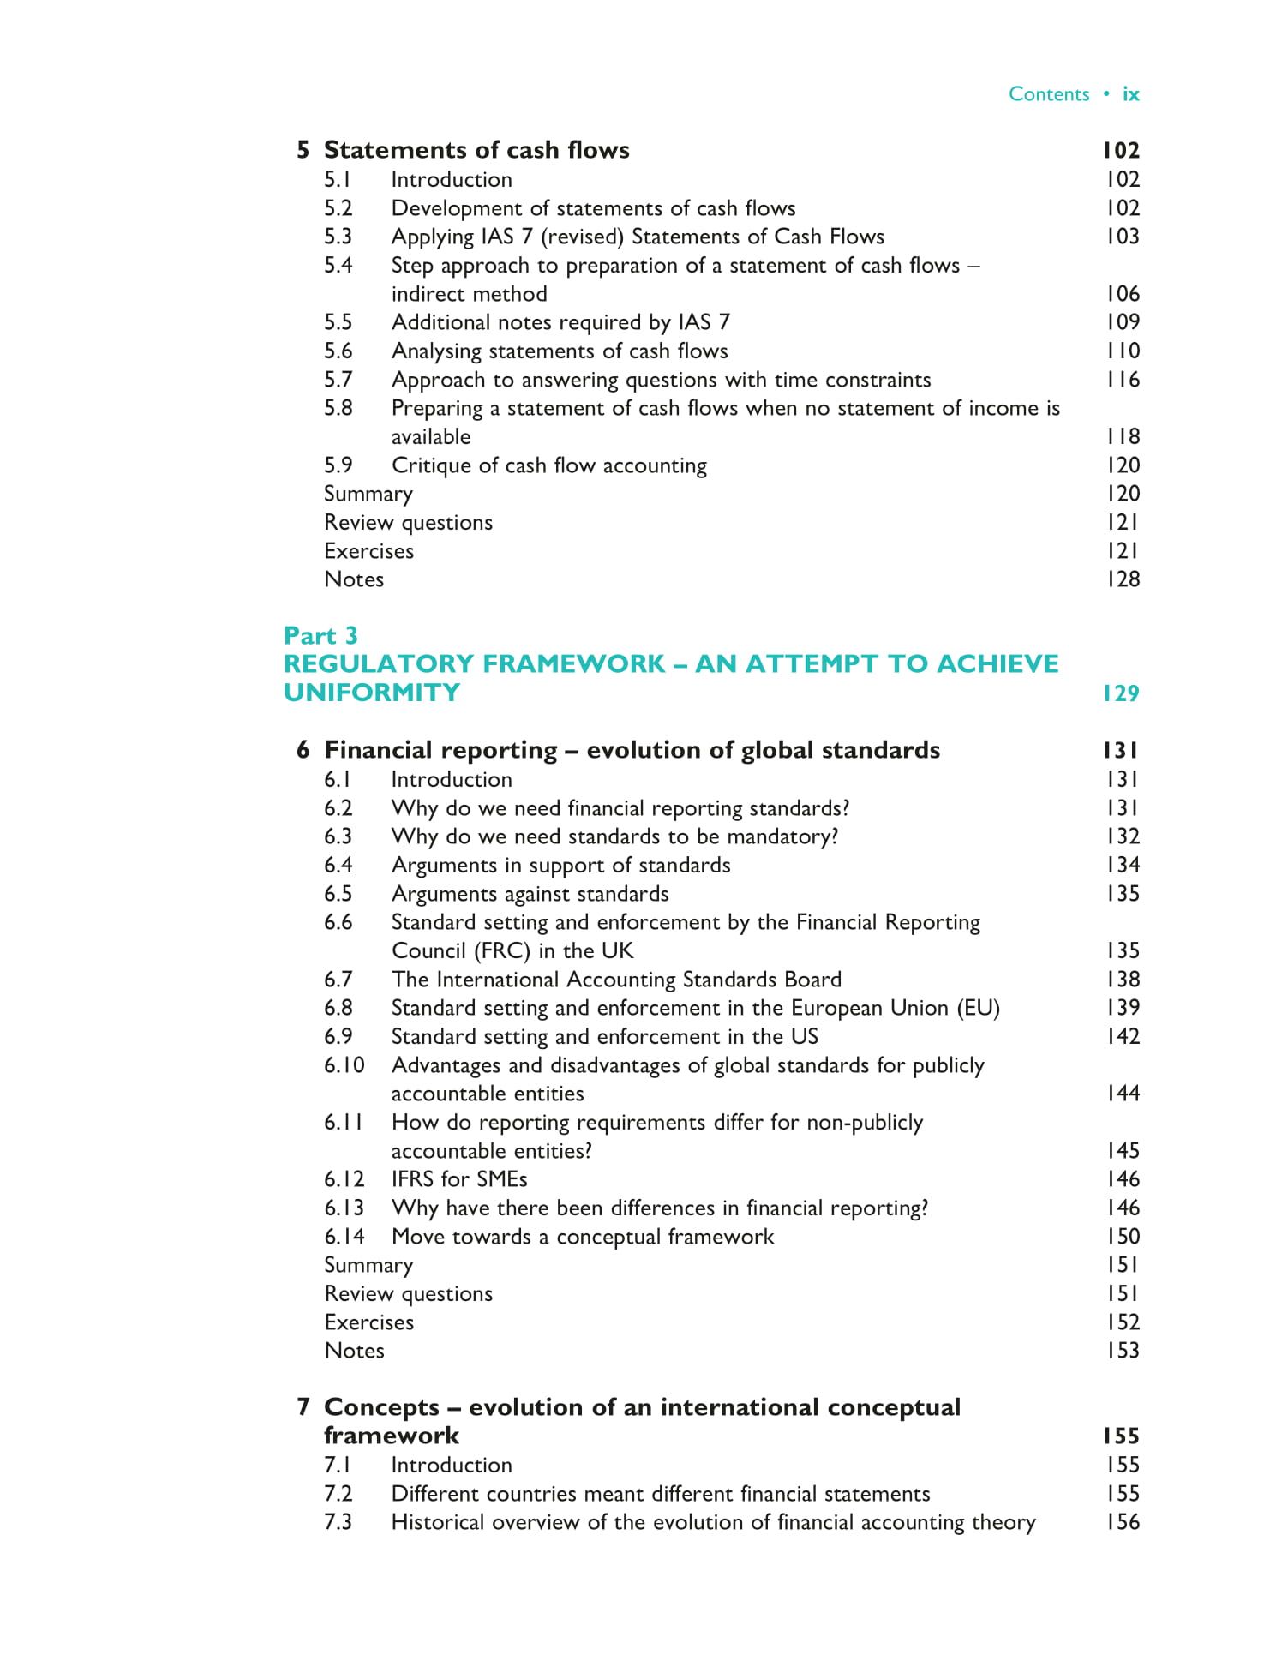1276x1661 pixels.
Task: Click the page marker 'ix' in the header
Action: (x=1130, y=94)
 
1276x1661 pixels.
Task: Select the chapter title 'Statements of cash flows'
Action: (x=476, y=150)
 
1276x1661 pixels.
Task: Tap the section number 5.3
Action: (x=338, y=237)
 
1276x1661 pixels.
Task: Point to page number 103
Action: (x=1122, y=237)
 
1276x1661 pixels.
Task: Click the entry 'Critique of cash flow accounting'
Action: (x=549, y=465)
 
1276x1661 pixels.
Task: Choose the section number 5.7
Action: (x=338, y=380)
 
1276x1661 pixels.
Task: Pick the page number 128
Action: (x=1122, y=579)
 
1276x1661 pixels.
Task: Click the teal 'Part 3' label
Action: (x=320, y=635)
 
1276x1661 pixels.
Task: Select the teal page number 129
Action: (x=1121, y=693)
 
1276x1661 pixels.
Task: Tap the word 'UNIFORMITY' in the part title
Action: (x=372, y=693)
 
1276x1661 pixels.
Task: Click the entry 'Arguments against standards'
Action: (x=530, y=894)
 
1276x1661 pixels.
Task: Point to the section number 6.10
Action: (x=344, y=1065)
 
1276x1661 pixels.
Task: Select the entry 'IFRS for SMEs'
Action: (x=459, y=1179)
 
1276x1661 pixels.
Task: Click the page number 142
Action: (x=1122, y=1036)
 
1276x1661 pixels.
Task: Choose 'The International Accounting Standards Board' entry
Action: (x=616, y=980)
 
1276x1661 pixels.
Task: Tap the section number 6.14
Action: (x=344, y=1237)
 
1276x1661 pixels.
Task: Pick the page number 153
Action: (x=1122, y=1351)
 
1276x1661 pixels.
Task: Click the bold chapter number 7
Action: (x=303, y=1407)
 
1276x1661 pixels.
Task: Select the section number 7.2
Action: (x=338, y=1494)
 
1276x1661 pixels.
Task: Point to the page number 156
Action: (x=1122, y=1522)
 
